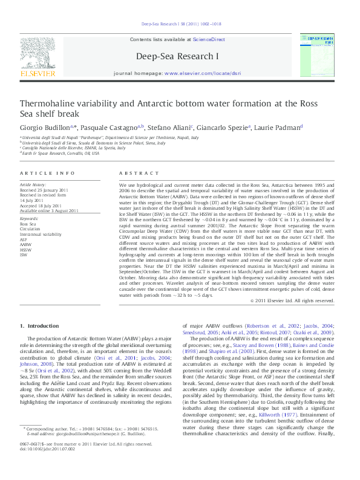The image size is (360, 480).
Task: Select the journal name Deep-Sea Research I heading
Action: [x=180, y=56]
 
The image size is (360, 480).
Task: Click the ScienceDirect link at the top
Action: [x=209, y=39]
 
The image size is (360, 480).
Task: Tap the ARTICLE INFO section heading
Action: [x=43, y=173]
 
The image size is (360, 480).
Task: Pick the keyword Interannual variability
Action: [x=41, y=234]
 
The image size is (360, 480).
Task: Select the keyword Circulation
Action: [x=30, y=229]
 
